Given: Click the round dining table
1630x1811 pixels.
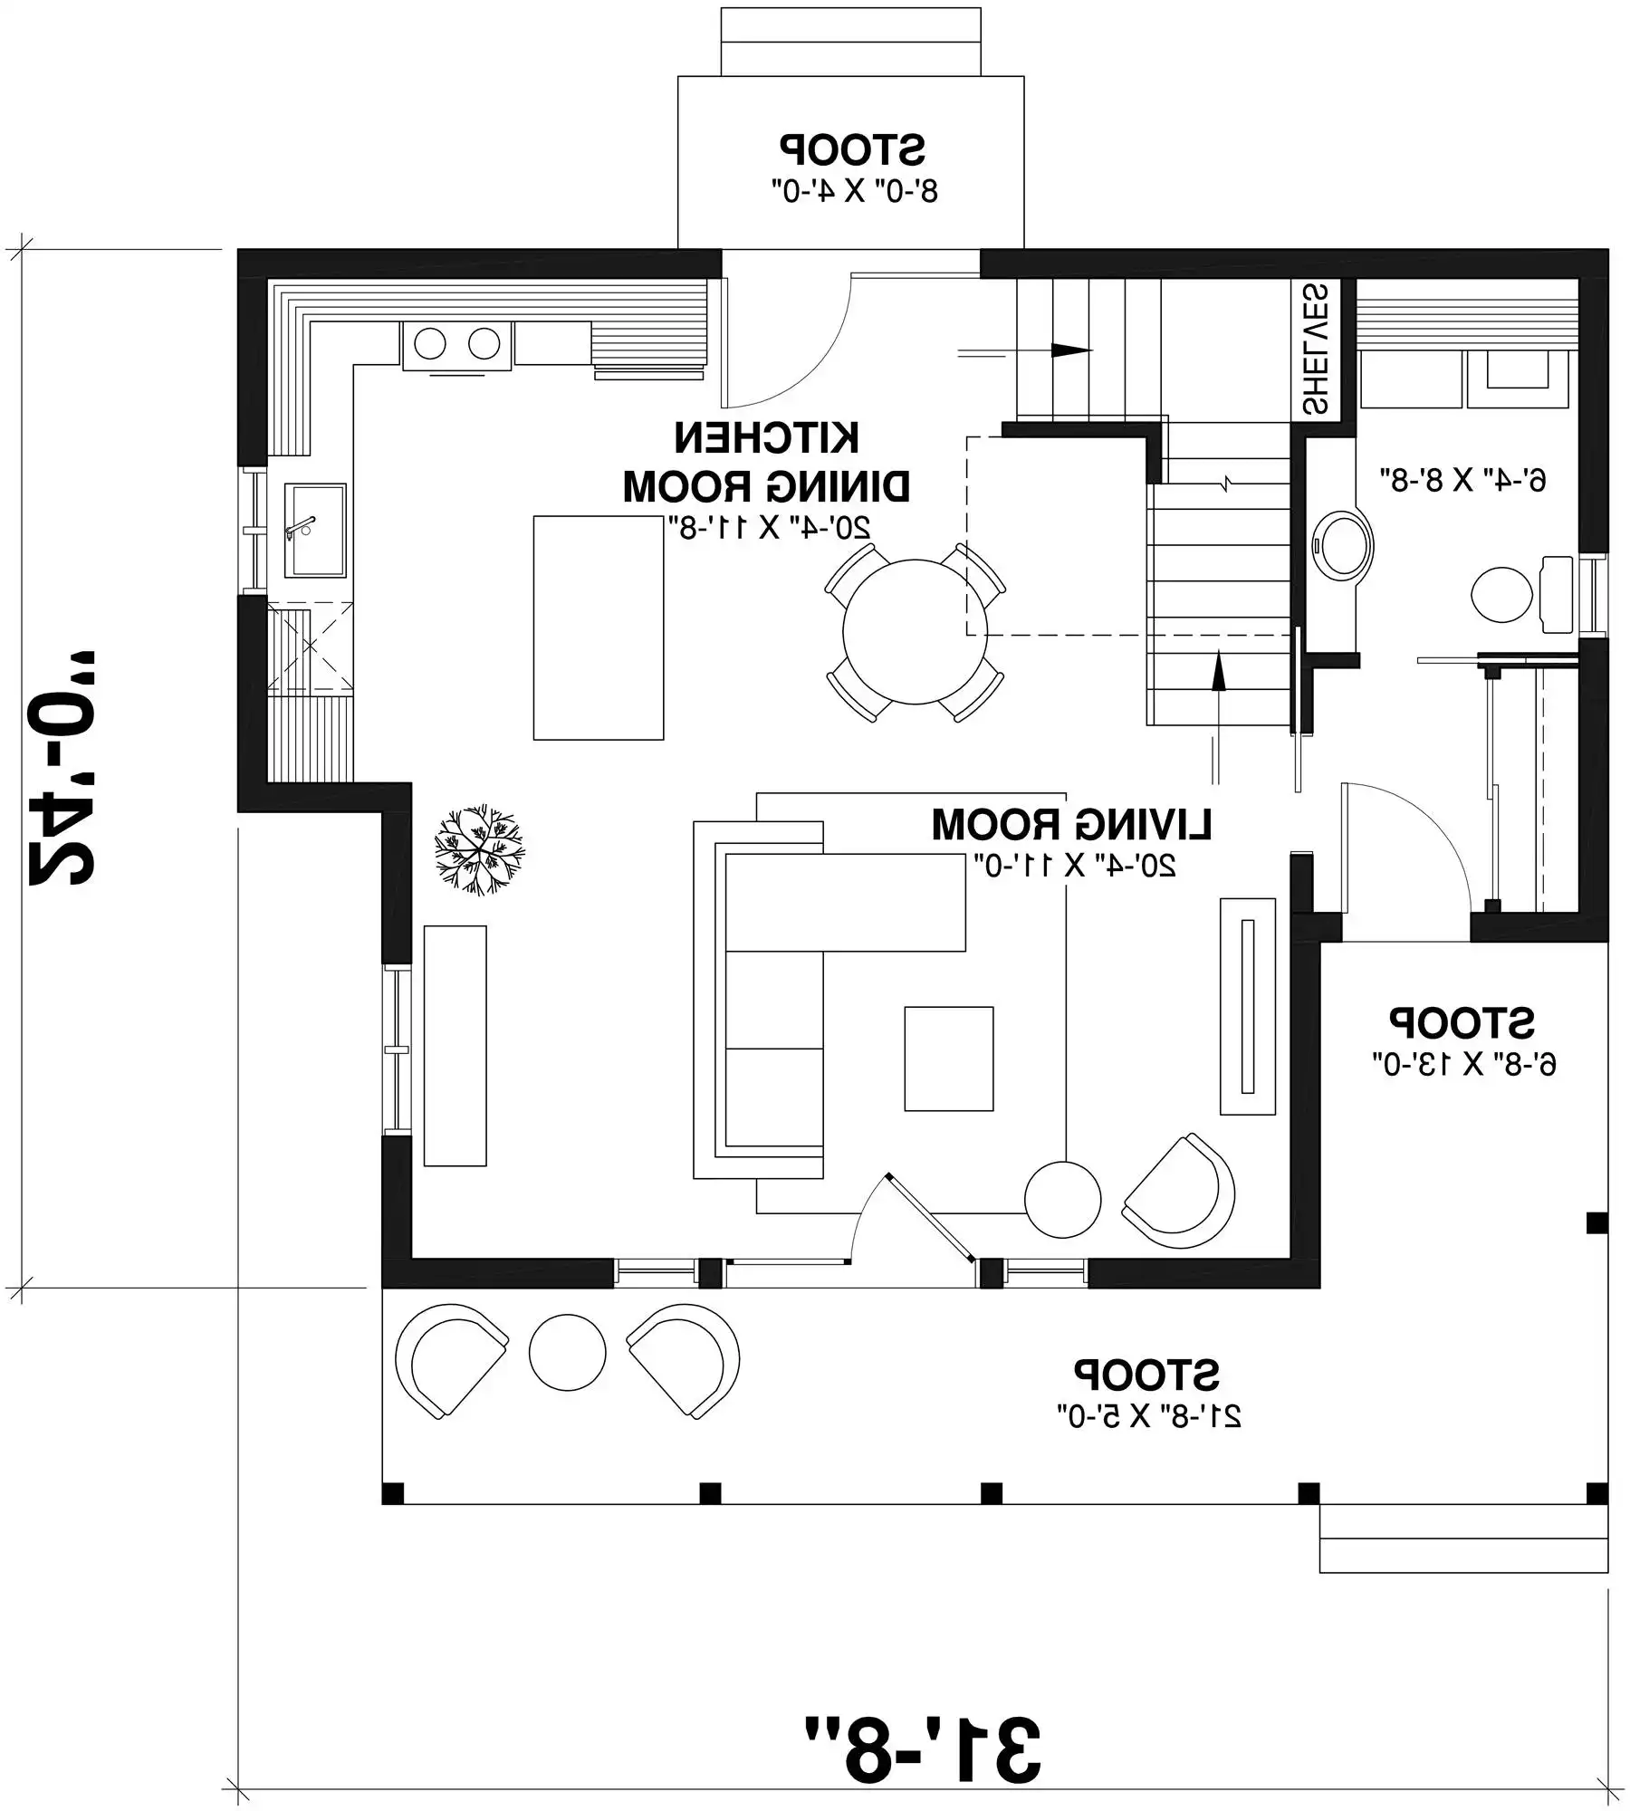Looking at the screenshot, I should point(915,632).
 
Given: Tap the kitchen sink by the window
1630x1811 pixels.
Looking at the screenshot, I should point(314,531).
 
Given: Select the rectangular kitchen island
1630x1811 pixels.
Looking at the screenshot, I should point(598,628).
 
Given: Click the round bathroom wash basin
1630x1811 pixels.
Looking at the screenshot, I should point(1342,546).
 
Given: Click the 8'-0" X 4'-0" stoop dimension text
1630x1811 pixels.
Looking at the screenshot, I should point(854,192).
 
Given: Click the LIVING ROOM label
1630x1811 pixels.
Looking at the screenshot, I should point(1070,825).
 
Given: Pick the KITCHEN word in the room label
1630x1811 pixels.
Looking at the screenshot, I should point(766,438).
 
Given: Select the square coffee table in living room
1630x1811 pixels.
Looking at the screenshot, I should point(948,1059).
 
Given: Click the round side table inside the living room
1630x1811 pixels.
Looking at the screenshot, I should point(1062,1200).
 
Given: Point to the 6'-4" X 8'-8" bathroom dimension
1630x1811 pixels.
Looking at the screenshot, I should point(1462,478).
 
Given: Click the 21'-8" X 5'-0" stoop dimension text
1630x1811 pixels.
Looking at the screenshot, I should point(1148,1416).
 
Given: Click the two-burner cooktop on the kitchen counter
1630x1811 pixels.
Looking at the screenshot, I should point(456,344).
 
